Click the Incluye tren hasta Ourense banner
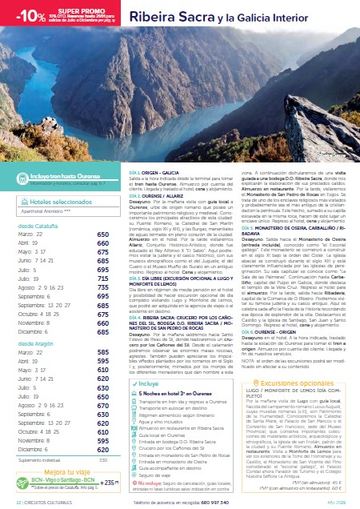pos(66,174)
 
